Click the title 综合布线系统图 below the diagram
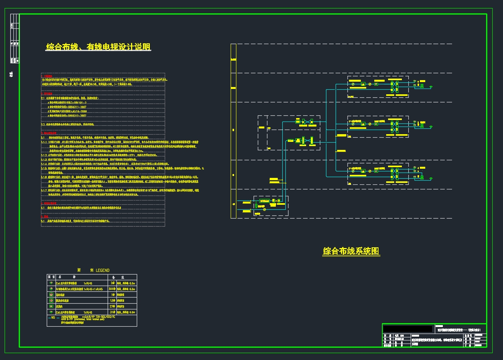[x=351, y=251]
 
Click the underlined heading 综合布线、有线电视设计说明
[x=98, y=47]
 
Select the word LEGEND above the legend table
[x=102, y=270]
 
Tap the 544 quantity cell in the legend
[x=112, y=289]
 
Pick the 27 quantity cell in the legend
[x=112, y=306]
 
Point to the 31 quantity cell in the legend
[x=112, y=312]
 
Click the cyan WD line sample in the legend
[x=51, y=317]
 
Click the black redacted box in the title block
[x=408, y=329]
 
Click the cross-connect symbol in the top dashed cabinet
[x=393, y=87]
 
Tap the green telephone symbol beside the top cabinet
[x=430, y=87]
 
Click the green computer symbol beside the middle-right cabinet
[x=422, y=125]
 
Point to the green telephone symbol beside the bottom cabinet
[x=430, y=178]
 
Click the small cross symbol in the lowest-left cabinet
[x=275, y=201]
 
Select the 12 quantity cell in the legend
[x=112, y=301]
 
